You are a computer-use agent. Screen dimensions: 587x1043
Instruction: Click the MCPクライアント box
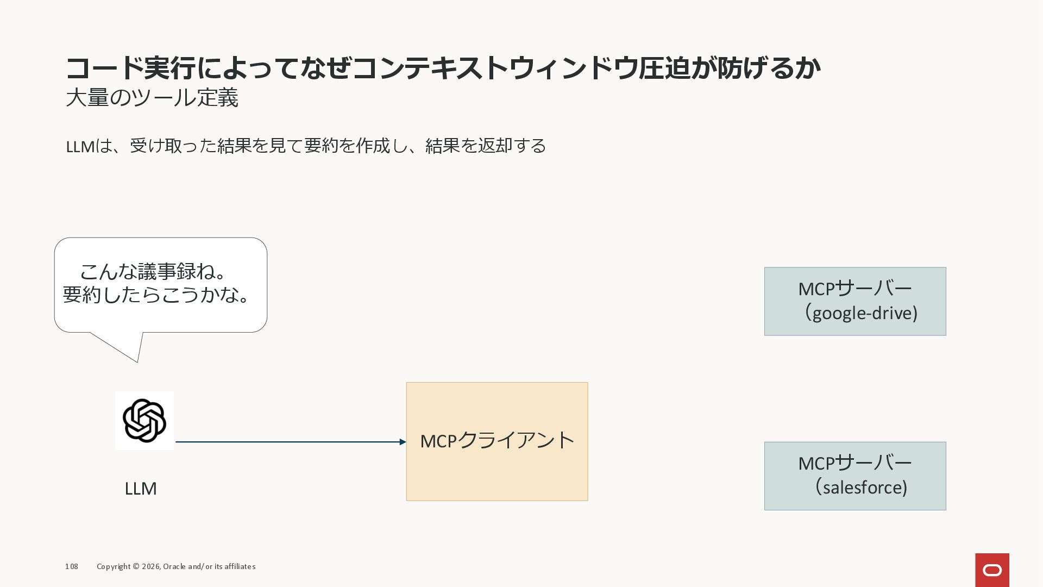tap(497, 441)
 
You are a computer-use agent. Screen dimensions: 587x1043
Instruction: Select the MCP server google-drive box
tap(854, 301)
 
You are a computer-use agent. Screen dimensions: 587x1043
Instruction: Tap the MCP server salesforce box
tap(854, 476)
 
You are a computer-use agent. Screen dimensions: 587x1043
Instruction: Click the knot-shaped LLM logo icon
tap(144, 420)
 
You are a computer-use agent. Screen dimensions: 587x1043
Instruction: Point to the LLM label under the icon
tap(141, 489)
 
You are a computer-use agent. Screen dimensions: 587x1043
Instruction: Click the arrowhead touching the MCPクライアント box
tap(403, 442)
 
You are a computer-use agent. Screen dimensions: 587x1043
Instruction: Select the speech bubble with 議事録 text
tap(161, 285)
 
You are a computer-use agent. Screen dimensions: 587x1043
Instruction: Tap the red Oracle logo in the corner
tap(992, 570)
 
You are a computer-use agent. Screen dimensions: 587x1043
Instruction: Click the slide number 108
tap(72, 566)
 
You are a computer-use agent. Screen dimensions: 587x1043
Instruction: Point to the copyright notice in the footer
tap(176, 566)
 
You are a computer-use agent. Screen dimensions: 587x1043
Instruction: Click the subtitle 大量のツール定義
tap(152, 98)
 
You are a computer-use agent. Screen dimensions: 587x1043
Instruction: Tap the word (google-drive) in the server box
tap(862, 313)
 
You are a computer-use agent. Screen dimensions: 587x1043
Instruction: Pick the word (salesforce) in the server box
tap(862, 488)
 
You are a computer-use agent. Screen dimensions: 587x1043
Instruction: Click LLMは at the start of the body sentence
tap(87, 146)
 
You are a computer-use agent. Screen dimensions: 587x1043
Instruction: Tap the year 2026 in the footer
tap(150, 566)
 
